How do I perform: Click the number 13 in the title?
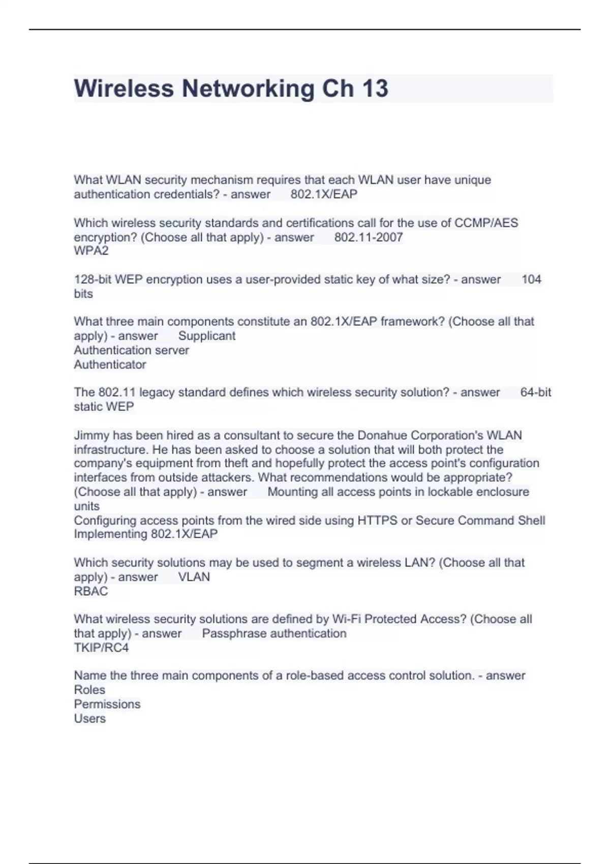tap(375, 88)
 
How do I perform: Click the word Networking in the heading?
tap(249, 88)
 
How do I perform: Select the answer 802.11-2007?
tap(369, 237)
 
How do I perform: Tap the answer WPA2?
tap(91, 251)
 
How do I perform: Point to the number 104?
tap(531, 280)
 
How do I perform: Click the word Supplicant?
tap(207, 336)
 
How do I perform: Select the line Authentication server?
tap(131, 350)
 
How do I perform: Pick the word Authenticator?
tap(110, 364)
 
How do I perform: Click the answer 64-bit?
tap(536, 392)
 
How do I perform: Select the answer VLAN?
tap(194, 577)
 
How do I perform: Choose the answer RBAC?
tap(91, 591)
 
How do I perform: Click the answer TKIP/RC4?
tap(101, 647)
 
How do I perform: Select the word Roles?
tap(89, 690)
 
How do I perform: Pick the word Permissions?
tap(107, 704)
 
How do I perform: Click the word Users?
tap(90, 718)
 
